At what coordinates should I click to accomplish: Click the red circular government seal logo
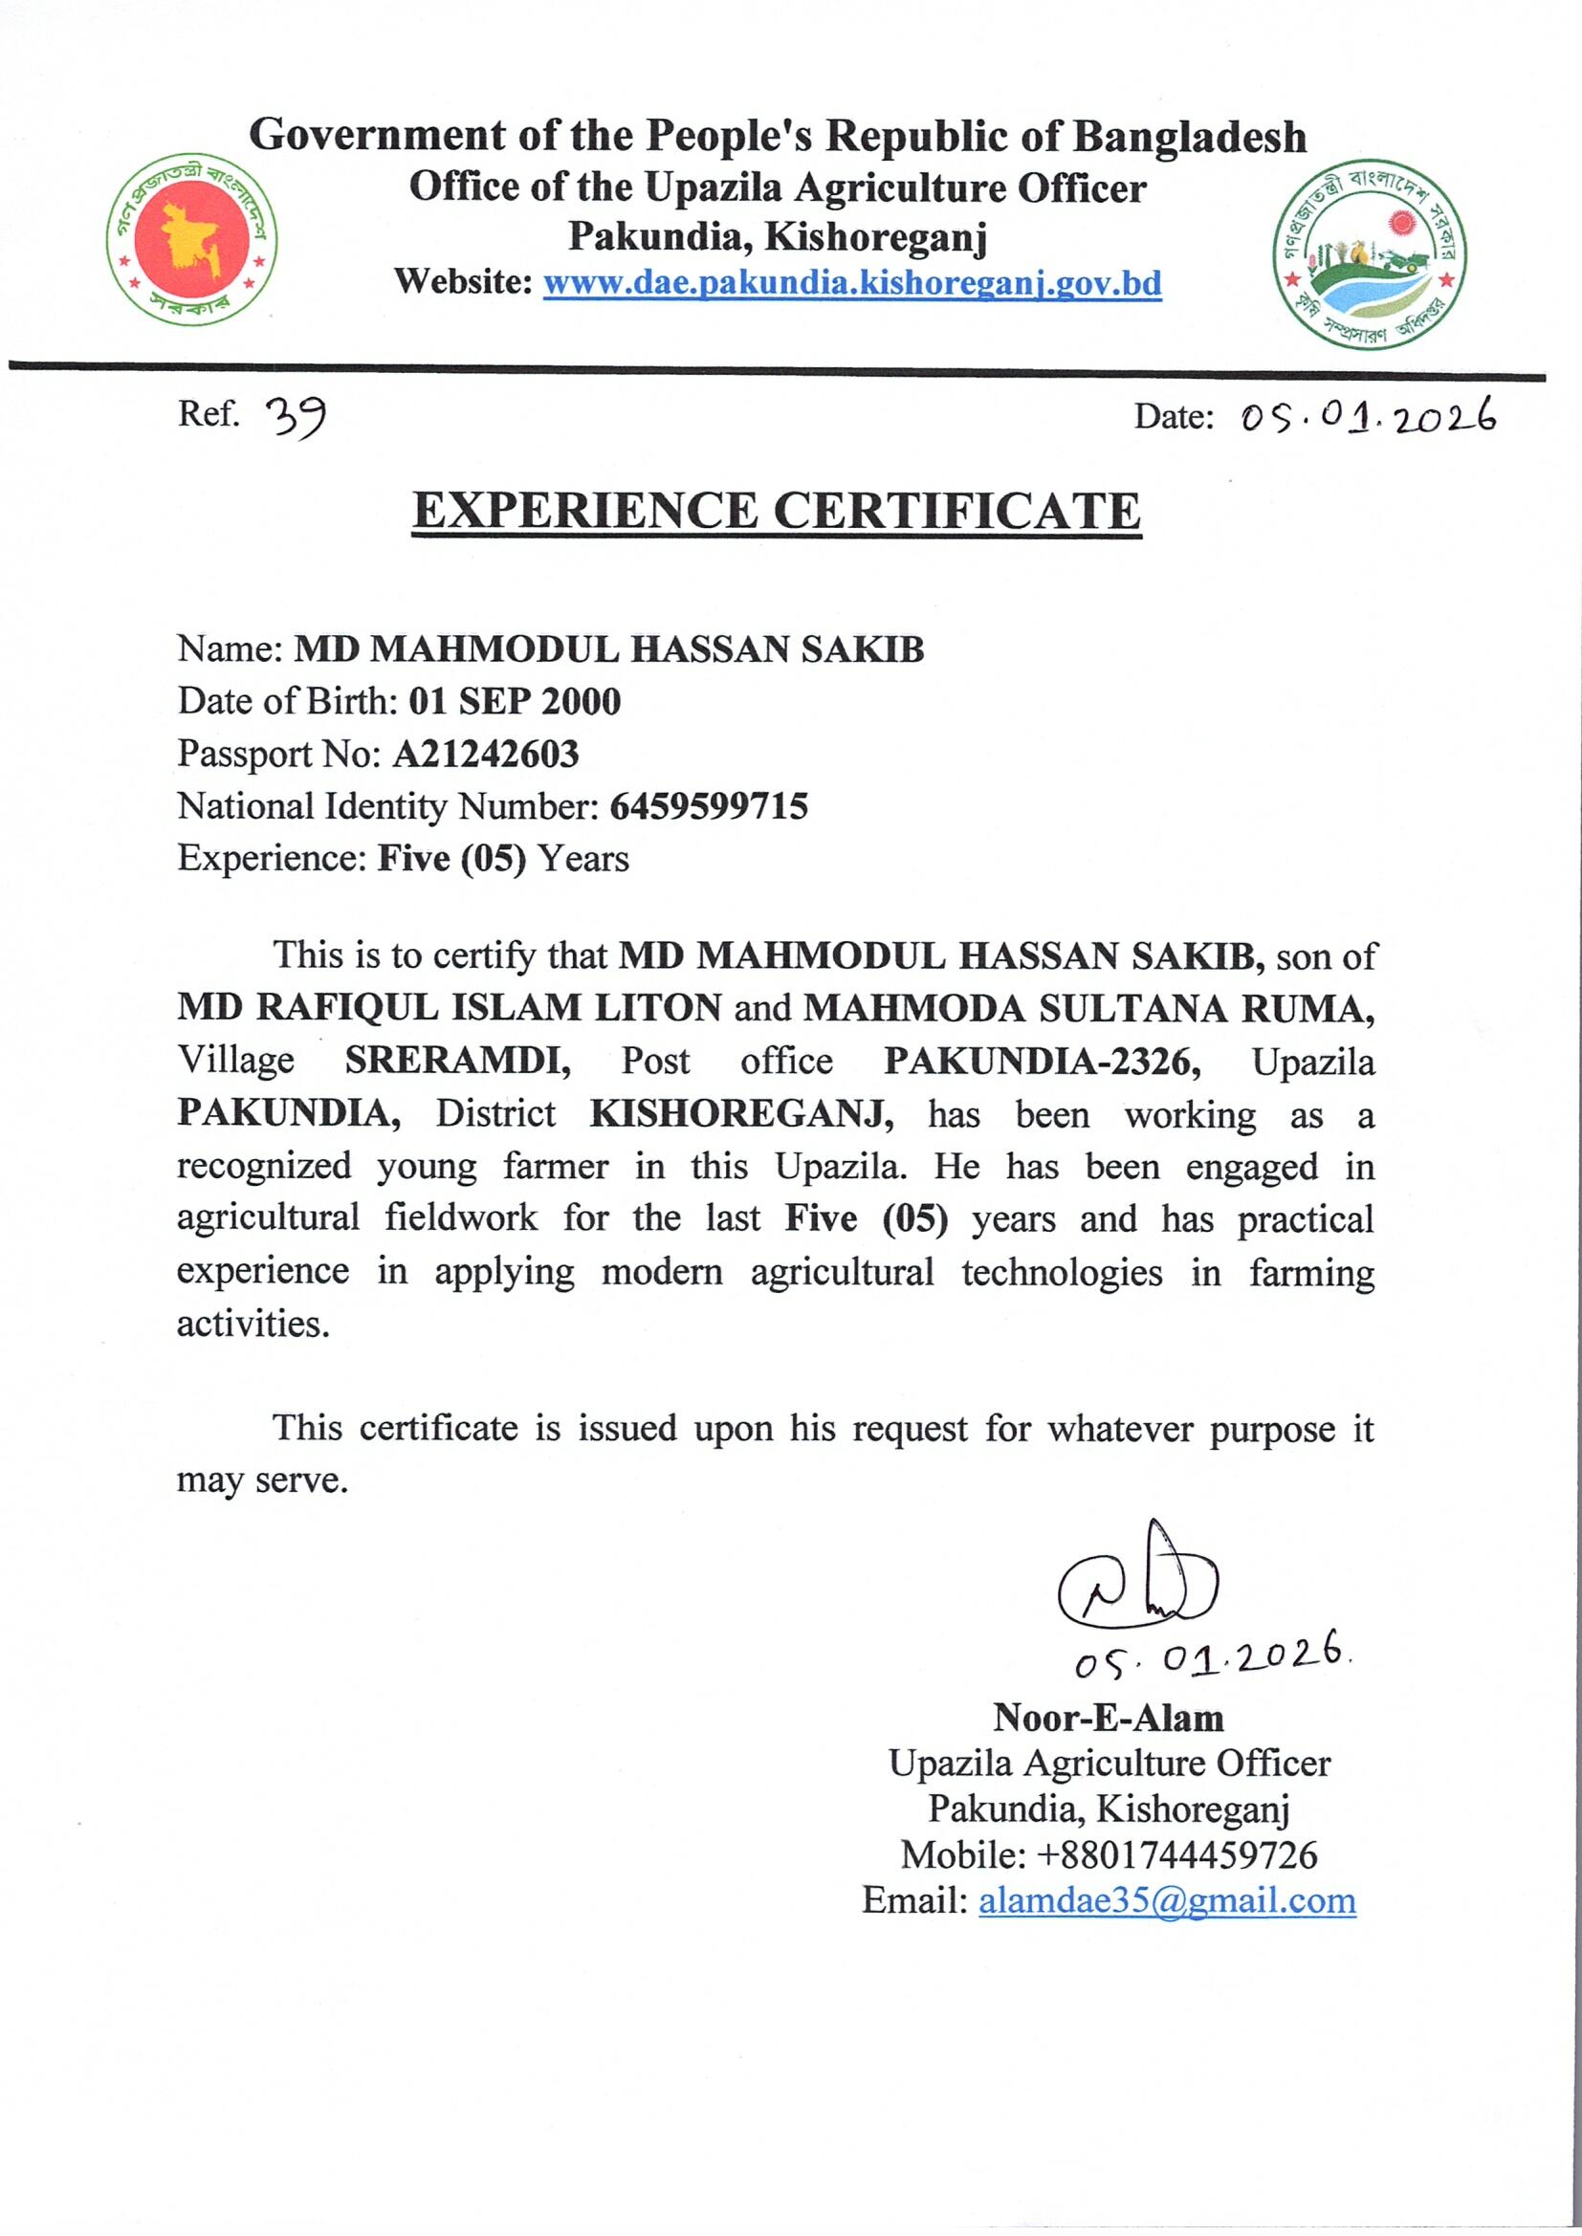(x=192, y=238)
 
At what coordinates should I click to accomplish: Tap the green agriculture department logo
(x=1369, y=254)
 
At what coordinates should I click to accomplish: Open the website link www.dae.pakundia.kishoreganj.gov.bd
(x=851, y=283)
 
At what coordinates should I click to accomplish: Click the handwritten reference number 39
(x=296, y=418)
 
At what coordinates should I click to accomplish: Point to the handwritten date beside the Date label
(x=1368, y=418)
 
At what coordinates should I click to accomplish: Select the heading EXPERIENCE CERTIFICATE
(x=777, y=512)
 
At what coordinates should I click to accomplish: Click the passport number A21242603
(x=485, y=754)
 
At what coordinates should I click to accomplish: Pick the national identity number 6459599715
(x=708, y=806)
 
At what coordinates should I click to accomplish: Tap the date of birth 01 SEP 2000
(x=515, y=701)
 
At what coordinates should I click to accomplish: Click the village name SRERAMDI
(x=457, y=1061)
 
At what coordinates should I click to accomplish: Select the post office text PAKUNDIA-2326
(x=1042, y=1062)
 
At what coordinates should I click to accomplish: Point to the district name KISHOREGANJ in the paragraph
(x=741, y=1113)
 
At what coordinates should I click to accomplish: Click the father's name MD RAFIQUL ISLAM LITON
(x=450, y=1008)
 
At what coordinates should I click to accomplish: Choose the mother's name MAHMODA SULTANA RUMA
(x=1088, y=1009)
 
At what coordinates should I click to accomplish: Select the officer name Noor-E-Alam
(x=1108, y=1717)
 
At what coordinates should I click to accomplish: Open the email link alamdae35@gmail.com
(x=1166, y=1900)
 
